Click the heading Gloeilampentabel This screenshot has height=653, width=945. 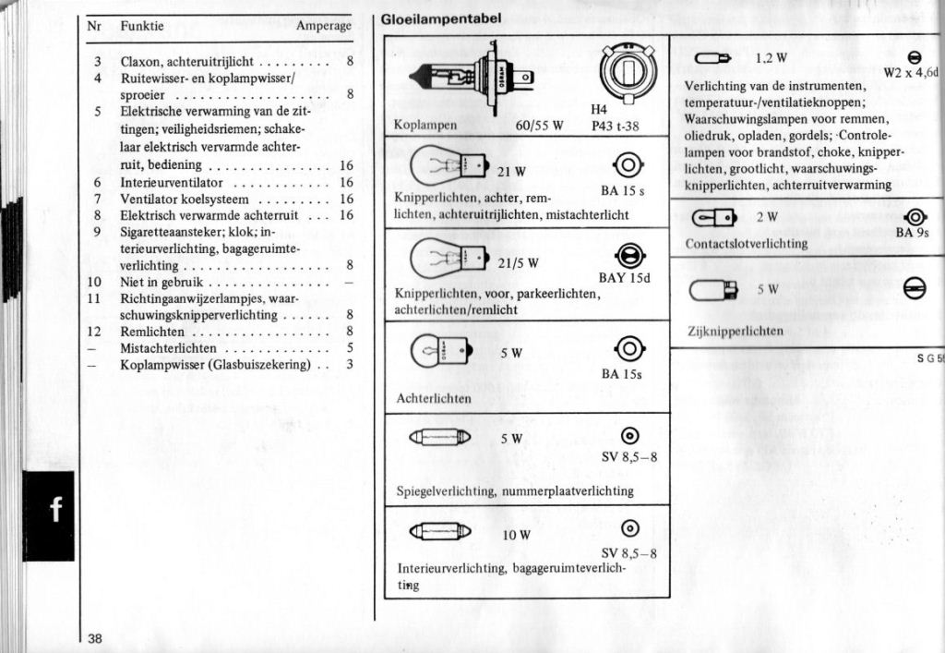pos(441,18)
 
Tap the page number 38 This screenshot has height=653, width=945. pos(96,637)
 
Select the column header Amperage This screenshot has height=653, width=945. pos(323,26)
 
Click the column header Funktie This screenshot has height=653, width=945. pos(142,26)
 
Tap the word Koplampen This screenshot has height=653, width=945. pos(425,126)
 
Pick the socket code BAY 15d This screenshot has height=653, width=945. pos(625,278)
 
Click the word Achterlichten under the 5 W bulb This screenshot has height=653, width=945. pos(433,398)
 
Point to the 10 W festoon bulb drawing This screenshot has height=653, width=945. pos(440,531)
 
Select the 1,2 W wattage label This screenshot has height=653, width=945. pos(771,58)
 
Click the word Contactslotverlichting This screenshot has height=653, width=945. pos(747,244)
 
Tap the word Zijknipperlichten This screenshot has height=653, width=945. pos(736,331)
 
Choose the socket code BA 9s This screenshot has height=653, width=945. pos(912,233)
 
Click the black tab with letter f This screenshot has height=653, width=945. pos(49,510)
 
